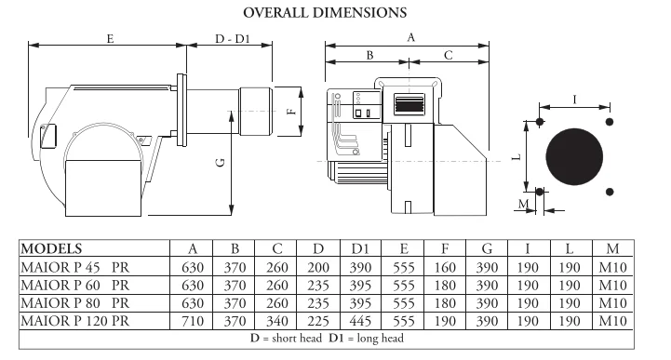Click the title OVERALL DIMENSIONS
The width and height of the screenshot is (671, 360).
click(325, 13)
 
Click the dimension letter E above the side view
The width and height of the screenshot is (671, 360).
click(110, 39)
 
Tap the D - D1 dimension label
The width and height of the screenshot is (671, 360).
click(233, 39)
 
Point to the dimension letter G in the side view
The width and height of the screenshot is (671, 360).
click(221, 163)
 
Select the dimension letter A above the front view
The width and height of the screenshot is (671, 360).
click(410, 37)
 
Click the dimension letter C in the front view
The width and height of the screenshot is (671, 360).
click(448, 55)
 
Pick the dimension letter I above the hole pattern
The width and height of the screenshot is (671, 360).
click(574, 100)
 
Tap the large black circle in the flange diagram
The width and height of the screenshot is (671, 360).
click(574, 157)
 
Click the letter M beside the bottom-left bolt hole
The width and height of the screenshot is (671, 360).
click(523, 204)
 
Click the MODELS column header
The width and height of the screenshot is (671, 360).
click(51, 248)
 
